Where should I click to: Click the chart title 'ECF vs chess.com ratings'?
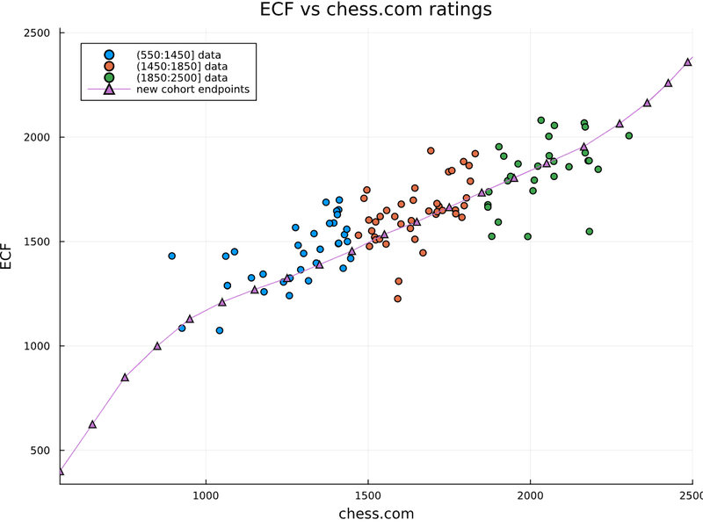376,10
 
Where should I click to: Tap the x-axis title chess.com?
376,514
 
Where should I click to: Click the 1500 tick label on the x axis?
368,494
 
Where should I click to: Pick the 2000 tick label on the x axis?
531,494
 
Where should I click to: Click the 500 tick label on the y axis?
40,451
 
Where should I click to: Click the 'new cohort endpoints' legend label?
199,90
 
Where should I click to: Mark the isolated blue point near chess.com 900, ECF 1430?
172,256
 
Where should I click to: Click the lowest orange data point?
397,299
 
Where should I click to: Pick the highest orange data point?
431,151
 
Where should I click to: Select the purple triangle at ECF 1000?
157,346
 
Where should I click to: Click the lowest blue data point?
220,330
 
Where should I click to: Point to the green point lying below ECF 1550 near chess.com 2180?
590,232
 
